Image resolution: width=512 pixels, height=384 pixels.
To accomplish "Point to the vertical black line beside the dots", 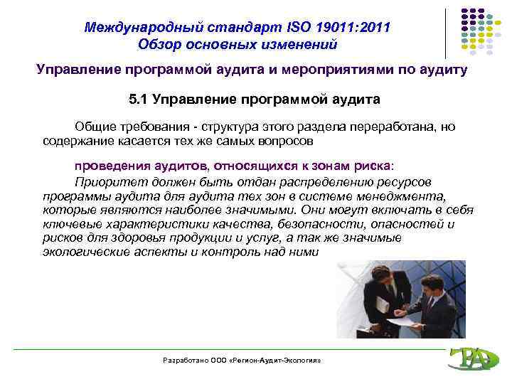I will (447, 33).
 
